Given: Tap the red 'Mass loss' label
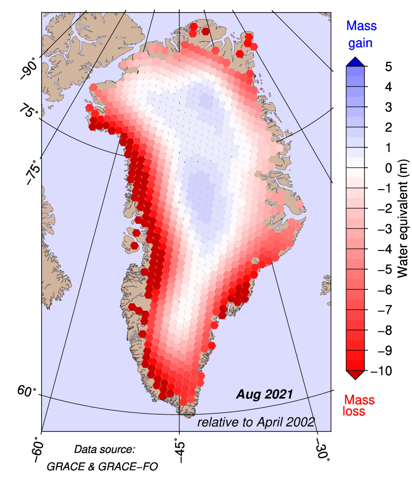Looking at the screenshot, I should tap(358, 405).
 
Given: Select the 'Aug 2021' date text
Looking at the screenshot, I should tap(264, 394).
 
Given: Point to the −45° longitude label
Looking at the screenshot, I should tap(179, 453).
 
